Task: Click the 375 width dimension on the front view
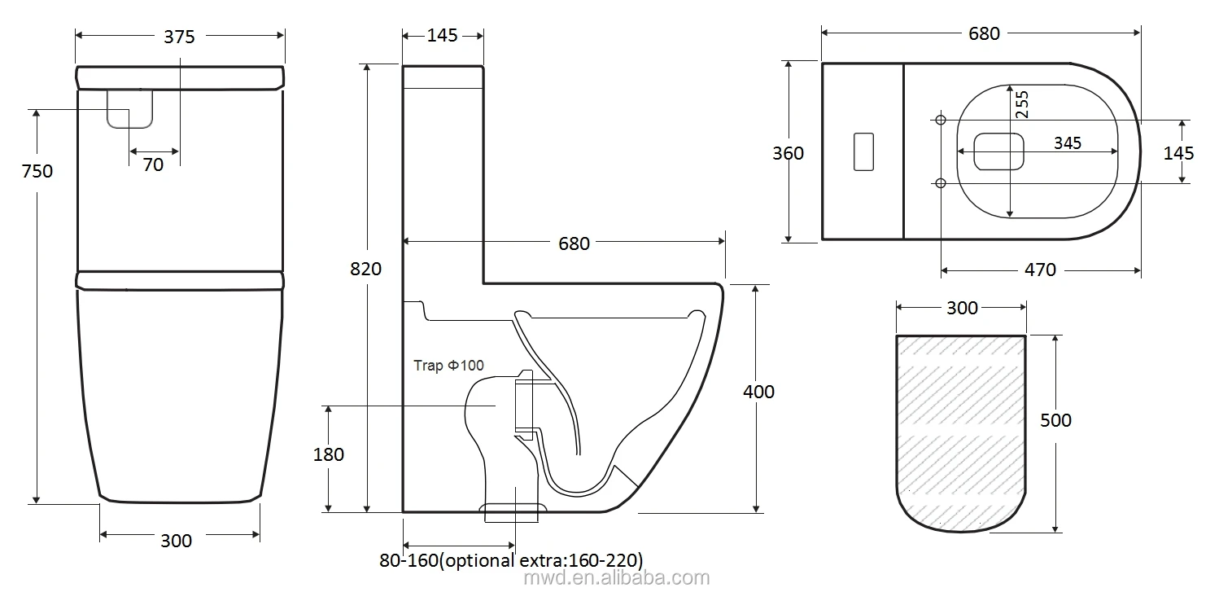(179, 36)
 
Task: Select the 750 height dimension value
(37, 171)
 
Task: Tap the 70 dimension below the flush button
(153, 164)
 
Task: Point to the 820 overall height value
(365, 268)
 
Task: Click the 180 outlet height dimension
(328, 454)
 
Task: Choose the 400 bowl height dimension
(758, 392)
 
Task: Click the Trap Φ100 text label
(448, 366)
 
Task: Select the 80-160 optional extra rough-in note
(511, 560)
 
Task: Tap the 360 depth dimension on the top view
(787, 153)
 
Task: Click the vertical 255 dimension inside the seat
(1022, 105)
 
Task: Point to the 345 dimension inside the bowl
(1067, 143)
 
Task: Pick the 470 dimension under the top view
(1039, 270)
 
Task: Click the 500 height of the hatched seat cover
(1055, 420)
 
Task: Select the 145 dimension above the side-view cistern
(442, 35)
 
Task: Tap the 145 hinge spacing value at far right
(1178, 152)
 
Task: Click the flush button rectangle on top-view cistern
(863, 151)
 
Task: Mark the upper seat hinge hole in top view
(941, 121)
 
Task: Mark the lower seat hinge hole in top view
(941, 182)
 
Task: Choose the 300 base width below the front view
(176, 540)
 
